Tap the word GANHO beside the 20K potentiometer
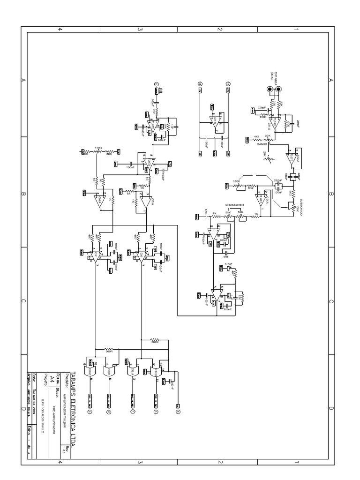pos(262,144)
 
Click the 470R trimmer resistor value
pos(98,147)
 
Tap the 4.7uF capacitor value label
pos(229,264)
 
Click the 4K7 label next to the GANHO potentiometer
pos(256,137)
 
